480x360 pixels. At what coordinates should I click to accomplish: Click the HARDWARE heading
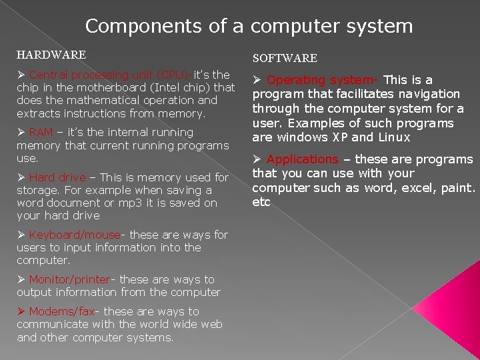click(x=51, y=54)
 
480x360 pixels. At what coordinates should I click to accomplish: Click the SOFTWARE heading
click(x=284, y=59)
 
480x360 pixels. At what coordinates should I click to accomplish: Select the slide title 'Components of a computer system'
click(x=249, y=26)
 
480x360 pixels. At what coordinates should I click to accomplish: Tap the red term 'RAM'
click(x=41, y=132)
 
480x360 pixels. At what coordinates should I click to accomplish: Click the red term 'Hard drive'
click(x=57, y=177)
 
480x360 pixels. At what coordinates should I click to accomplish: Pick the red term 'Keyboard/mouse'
click(x=75, y=235)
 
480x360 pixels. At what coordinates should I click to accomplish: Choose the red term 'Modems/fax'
click(x=62, y=311)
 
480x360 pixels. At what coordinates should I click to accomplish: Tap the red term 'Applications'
click(x=303, y=159)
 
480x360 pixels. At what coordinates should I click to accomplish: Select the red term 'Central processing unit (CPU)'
click(x=109, y=75)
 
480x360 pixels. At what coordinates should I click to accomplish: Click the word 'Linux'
click(x=394, y=137)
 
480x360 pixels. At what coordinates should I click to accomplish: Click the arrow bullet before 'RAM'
click(x=21, y=132)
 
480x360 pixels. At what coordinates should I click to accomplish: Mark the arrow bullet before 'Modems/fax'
click(x=21, y=311)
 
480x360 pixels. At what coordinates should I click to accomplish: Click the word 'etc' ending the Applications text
click(x=261, y=202)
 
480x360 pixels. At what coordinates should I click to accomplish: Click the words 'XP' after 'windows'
click(x=339, y=137)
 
